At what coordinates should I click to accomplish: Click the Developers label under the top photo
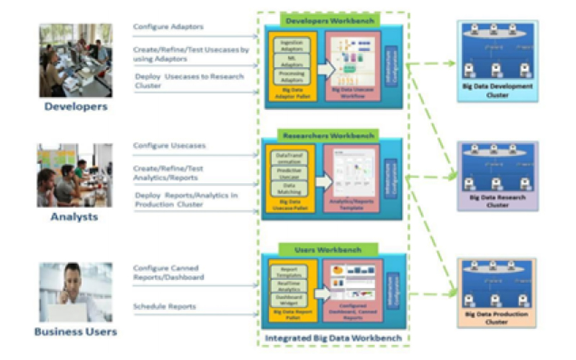pos(76,107)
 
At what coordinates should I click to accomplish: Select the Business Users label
pos(76,332)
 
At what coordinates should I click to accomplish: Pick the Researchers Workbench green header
pos(329,135)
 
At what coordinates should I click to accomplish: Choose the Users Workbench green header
pos(329,250)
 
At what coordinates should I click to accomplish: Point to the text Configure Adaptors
pos(168,27)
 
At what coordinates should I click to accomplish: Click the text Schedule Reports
pos(165,307)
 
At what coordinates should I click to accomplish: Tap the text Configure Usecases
pos(169,145)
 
